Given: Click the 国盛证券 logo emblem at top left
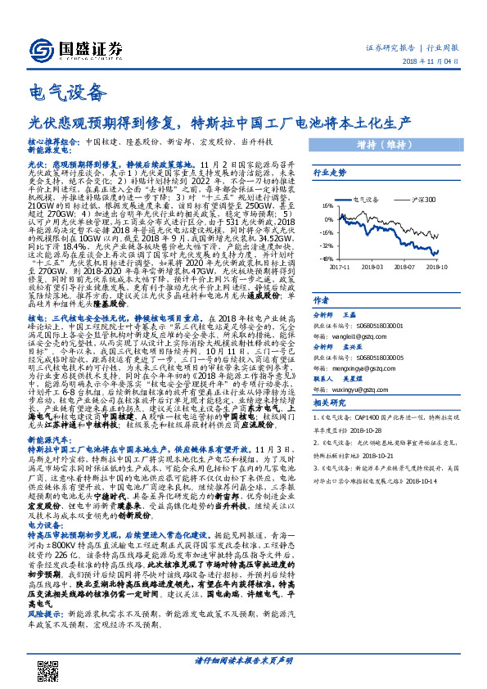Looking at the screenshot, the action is click(x=38, y=50).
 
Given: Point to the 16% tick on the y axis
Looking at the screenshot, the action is click(x=325, y=206).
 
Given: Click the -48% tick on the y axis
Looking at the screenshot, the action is click(x=325, y=259).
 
